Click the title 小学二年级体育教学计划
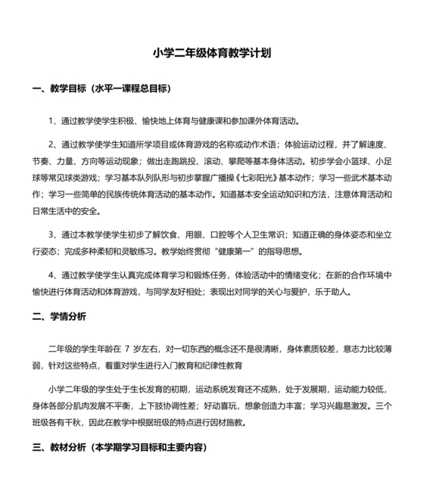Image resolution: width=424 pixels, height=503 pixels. (212, 54)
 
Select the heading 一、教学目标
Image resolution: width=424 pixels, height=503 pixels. (58, 88)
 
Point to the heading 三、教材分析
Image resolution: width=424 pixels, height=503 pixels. (58, 447)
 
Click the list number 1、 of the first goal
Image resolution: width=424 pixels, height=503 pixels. (54, 120)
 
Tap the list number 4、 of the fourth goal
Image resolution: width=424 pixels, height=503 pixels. (54, 274)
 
